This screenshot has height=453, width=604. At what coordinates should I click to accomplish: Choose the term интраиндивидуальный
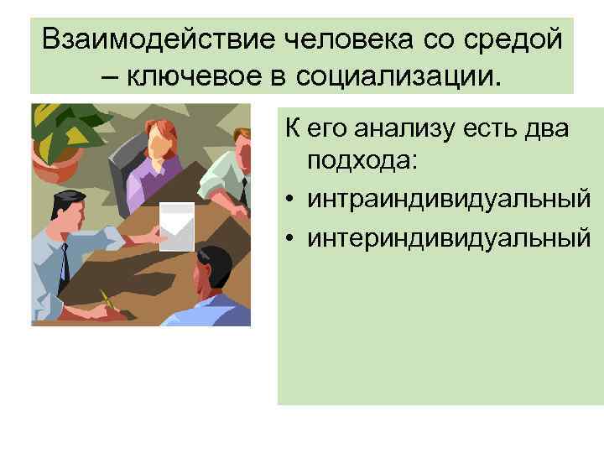pyautogui.click(x=448, y=200)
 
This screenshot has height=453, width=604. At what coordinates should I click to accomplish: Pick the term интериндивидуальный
pyautogui.click(x=448, y=240)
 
